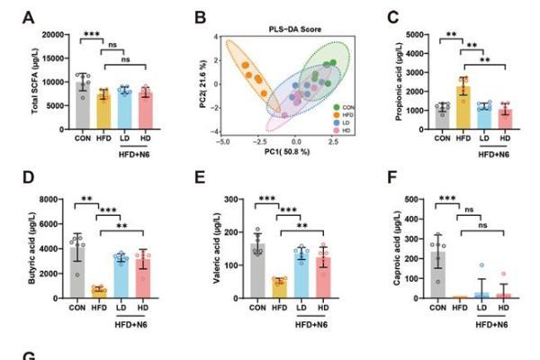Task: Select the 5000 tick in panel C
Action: pyautogui.click(x=415, y=35)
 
